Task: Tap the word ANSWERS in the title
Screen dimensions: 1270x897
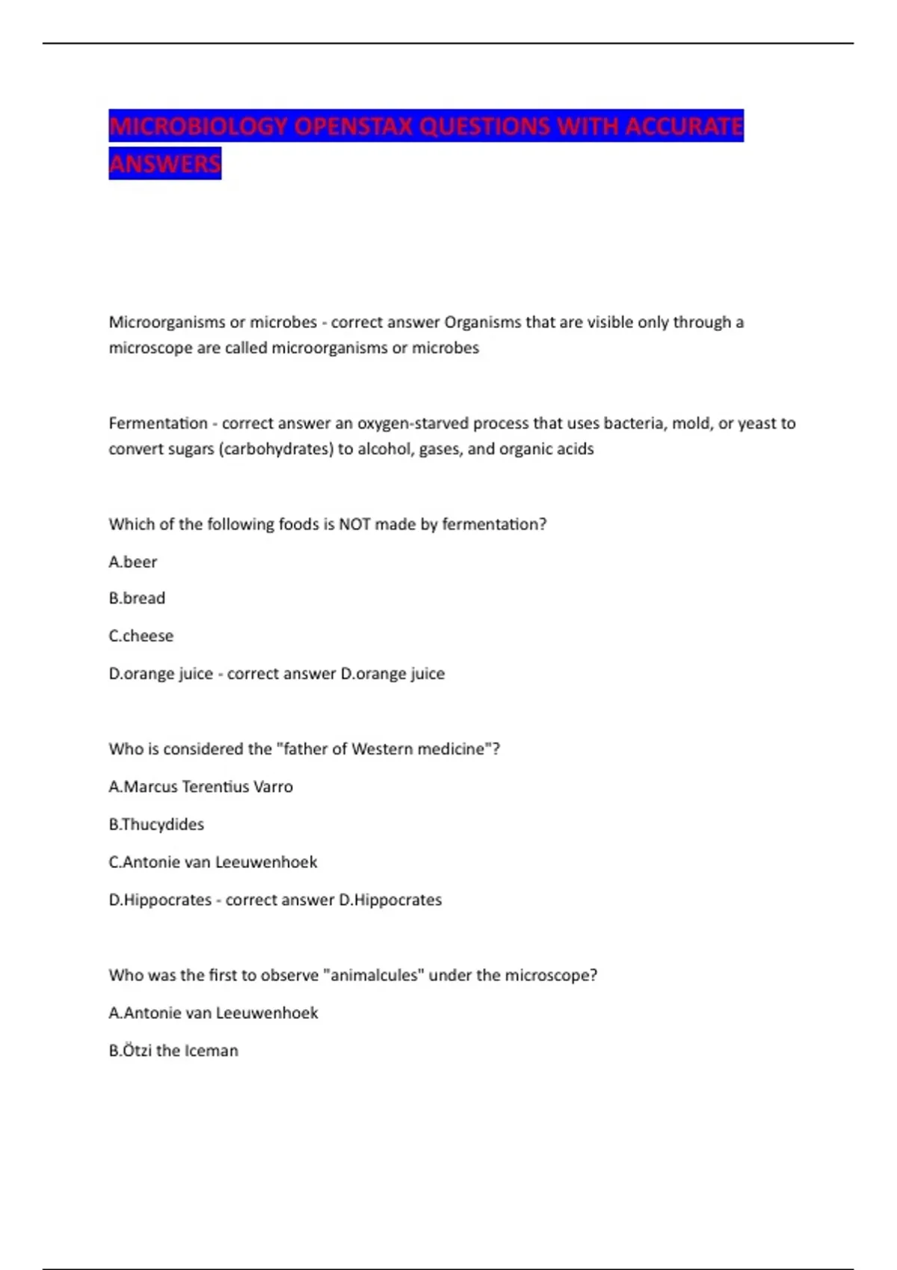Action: pos(165,163)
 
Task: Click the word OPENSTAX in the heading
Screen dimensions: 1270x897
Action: pos(354,126)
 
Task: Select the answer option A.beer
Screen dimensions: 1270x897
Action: pos(133,562)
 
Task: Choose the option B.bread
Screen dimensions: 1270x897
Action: pos(137,598)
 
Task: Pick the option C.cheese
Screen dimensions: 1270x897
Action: pos(141,636)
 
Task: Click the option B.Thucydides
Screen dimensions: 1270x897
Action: pos(156,824)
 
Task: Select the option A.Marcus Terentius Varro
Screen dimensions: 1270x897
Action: pos(201,787)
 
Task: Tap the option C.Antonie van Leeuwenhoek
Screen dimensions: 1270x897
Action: pos(213,862)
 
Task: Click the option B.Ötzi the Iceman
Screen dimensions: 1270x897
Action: pos(173,1050)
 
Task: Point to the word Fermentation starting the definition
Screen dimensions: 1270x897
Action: pos(158,424)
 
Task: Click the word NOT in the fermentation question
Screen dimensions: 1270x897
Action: pos(354,524)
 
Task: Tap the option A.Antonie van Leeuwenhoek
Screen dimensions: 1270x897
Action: pos(214,1013)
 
